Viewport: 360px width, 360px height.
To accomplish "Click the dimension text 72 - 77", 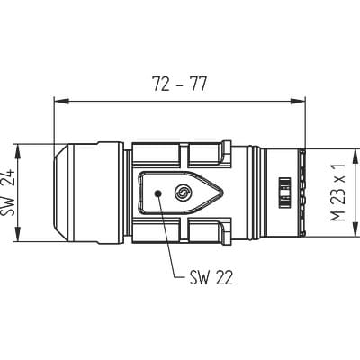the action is (x=179, y=84).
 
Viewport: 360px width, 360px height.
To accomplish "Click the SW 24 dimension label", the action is (x=6, y=193).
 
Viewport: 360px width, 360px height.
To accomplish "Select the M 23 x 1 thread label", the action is (x=337, y=193).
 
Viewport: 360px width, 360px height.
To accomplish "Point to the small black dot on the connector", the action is (x=157, y=193).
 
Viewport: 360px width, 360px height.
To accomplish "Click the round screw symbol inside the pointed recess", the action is (x=182, y=193).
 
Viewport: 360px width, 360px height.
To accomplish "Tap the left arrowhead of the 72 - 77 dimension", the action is (x=61, y=102).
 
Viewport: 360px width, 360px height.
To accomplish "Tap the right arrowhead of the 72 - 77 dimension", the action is (x=298, y=102).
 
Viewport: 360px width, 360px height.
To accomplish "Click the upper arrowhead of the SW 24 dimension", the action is (x=18, y=151).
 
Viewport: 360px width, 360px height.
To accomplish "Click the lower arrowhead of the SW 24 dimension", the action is (x=18, y=234).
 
